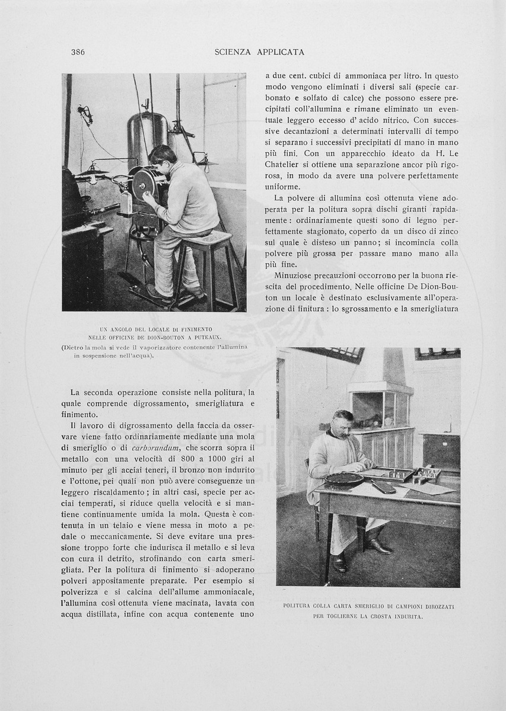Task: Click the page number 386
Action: pos(78,52)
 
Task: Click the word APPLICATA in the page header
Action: pos(278,52)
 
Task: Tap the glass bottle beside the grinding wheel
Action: pos(126,203)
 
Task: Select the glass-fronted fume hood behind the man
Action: pos(381,409)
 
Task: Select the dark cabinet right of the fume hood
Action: pos(441,452)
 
